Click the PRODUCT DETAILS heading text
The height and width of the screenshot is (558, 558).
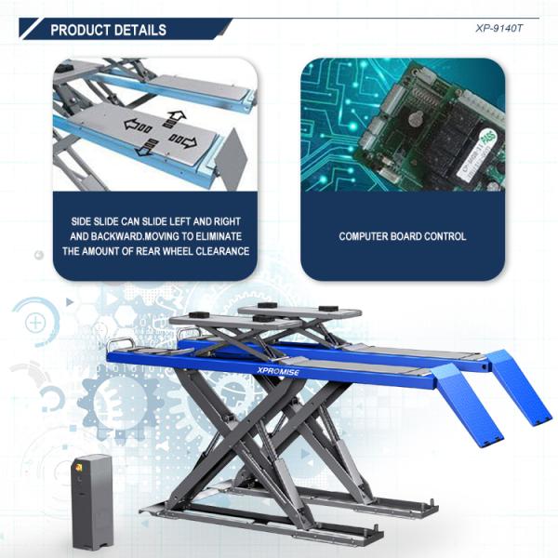point(108,30)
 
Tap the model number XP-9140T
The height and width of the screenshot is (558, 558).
point(498,29)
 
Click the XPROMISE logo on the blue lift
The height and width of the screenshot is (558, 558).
point(278,371)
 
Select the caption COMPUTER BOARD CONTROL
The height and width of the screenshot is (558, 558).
point(403,236)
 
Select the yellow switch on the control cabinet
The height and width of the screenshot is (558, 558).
point(79,466)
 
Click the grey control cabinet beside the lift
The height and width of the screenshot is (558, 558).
point(92,502)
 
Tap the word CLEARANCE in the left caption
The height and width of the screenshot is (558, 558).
point(222,251)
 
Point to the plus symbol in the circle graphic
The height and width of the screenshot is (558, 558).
point(35,323)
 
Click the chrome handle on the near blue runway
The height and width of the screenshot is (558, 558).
point(120,343)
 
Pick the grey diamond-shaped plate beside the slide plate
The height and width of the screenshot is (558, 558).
point(232,159)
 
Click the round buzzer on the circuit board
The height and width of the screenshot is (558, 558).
point(416,119)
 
